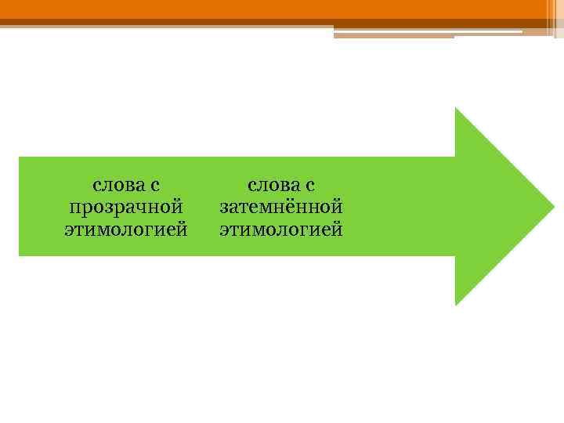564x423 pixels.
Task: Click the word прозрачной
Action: [x=126, y=208]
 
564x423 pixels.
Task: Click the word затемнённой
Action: [x=281, y=208]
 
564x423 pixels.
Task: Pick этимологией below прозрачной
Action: [x=126, y=230]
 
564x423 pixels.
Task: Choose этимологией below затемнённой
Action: [x=281, y=230]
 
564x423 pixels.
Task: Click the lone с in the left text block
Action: [x=154, y=186]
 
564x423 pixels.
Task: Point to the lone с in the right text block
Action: [x=309, y=186]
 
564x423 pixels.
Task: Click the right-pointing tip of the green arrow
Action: [x=552, y=206]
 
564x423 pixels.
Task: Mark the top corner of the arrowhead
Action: [x=456, y=109]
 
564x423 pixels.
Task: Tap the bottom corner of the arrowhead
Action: [x=456, y=304]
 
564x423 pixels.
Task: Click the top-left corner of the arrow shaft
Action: [x=20, y=158]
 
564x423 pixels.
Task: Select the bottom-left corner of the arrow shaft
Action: [x=20, y=255]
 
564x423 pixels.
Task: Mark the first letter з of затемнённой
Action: [x=224, y=208]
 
